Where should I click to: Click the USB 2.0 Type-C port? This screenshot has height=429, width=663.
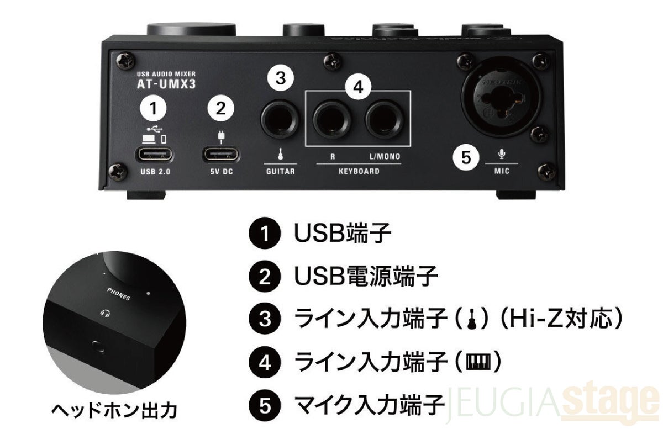[x=154, y=155]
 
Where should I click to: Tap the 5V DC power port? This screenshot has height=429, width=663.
[x=221, y=155]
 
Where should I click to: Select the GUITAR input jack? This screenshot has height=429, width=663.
[x=280, y=119]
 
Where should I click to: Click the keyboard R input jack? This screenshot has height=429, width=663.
[x=332, y=119]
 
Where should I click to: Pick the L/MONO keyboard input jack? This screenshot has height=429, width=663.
[x=384, y=119]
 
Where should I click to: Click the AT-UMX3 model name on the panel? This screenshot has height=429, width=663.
[x=166, y=84]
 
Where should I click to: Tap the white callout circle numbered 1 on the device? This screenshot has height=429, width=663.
[x=153, y=108]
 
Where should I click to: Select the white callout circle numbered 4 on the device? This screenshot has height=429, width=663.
[x=358, y=87]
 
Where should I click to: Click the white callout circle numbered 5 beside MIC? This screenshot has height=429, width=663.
[x=466, y=157]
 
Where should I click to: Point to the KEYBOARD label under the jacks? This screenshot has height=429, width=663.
[x=359, y=171]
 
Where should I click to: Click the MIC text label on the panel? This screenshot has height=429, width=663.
[x=502, y=171]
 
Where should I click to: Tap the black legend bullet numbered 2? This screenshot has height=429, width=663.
[x=264, y=277]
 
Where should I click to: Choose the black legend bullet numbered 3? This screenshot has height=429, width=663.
[x=264, y=319]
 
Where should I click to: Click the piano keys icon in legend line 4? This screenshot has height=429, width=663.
[x=478, y=362]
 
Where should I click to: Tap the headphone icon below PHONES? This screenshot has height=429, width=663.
[x=105, y=313]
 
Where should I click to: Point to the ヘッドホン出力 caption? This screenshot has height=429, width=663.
[x=114, y=411]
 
